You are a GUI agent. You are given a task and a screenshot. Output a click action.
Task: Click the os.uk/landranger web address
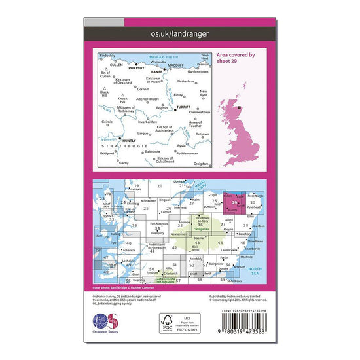pos(180,32)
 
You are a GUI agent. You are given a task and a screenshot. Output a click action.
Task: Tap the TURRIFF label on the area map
pos(185,107)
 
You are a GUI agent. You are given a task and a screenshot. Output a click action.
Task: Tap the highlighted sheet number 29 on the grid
pos(235,203)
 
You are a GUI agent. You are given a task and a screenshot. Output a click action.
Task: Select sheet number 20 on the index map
pos(160,187)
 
